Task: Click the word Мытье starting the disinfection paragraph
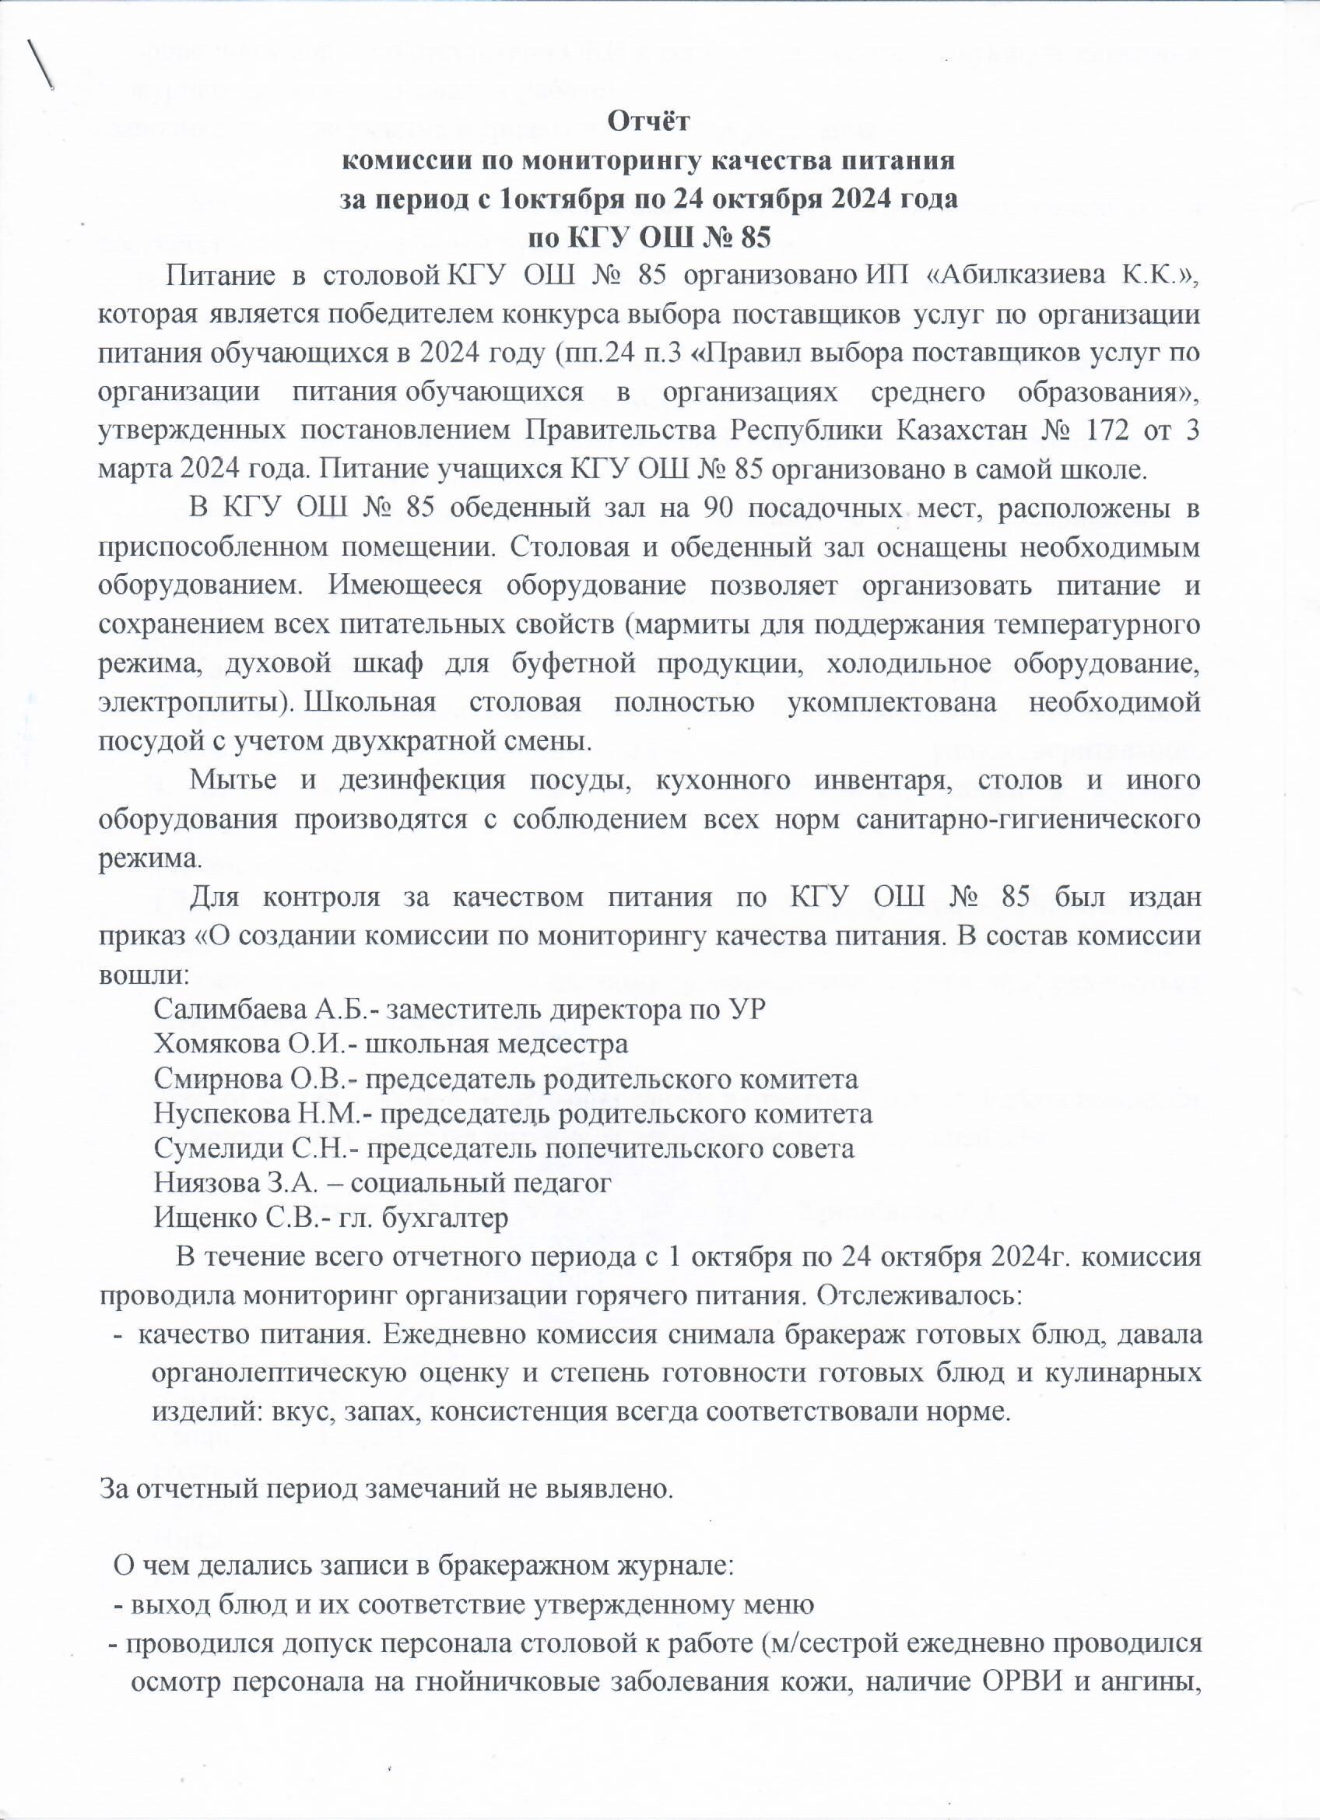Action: click(237, 781)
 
